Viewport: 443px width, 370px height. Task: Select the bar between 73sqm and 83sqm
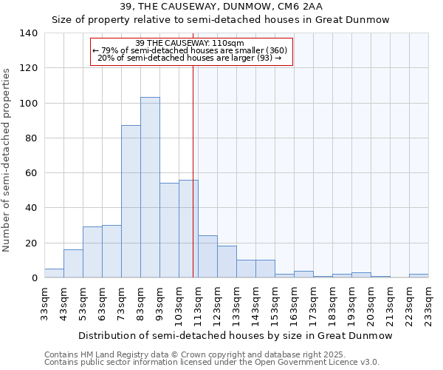[131, 201]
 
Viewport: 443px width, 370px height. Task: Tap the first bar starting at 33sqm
[54, 273]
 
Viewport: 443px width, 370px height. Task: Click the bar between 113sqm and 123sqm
[207, 257]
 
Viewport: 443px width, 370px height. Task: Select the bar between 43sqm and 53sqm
[73, 263]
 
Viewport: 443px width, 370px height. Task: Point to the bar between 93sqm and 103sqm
[169, 230]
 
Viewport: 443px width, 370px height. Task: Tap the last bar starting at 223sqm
[419, 275]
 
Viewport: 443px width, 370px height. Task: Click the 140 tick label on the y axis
[29, 33]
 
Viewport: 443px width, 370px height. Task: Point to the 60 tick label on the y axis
[32, 173]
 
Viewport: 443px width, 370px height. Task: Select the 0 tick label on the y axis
[35, 278]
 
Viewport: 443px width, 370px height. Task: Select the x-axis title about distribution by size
[236, 335]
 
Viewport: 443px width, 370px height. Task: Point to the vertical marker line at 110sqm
[193, 185]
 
